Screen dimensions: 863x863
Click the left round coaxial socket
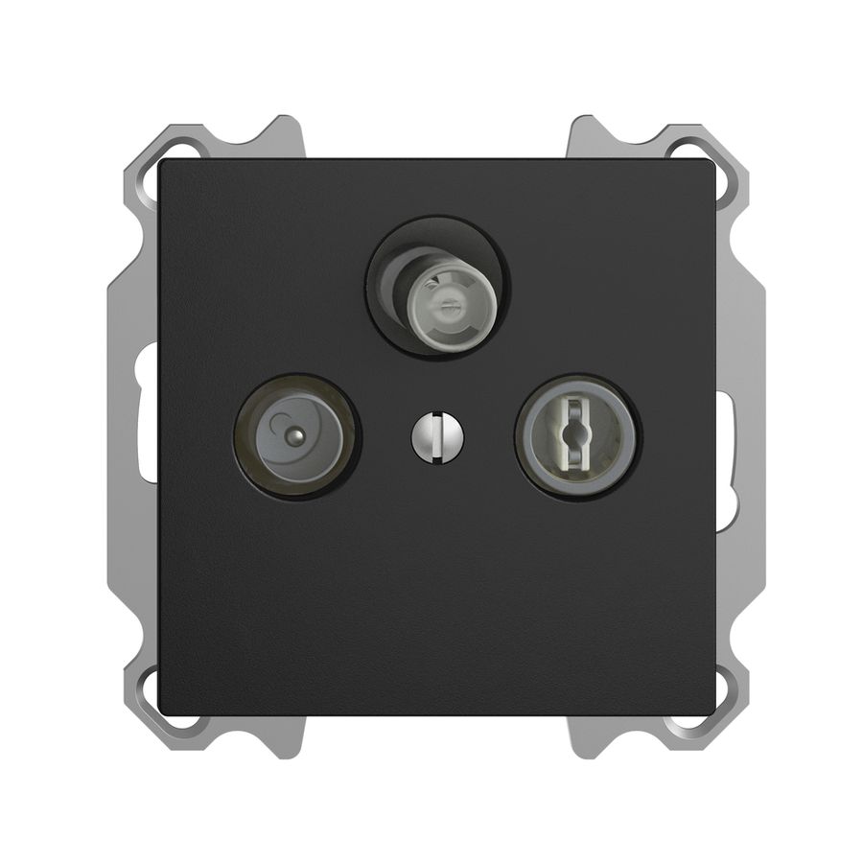coord(296,435)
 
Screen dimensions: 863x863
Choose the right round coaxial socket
coord(577,436)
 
